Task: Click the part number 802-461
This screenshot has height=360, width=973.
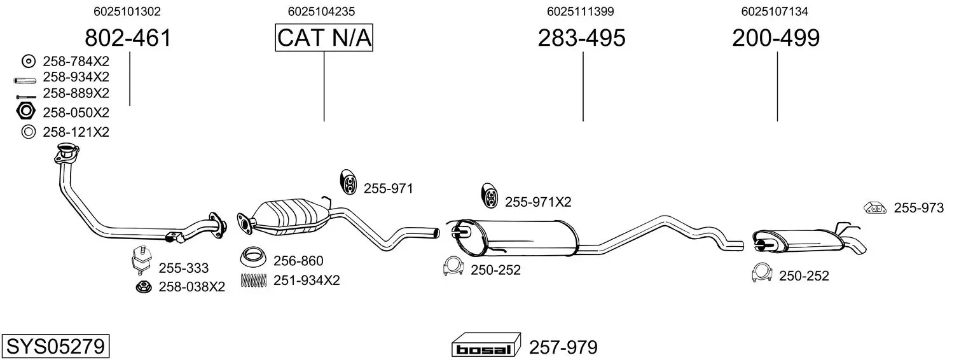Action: tap(128, 38)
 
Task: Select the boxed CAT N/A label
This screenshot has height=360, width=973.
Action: tap(324, 38)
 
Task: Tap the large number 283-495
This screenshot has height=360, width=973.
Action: tap(582, 38)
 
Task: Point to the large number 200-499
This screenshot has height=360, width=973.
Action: tap(776, 38)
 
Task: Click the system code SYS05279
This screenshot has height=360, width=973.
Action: tap(55, 346)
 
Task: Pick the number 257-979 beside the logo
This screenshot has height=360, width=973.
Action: tap(563, 347)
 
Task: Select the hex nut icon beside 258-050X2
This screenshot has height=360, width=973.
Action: tap(25, 111)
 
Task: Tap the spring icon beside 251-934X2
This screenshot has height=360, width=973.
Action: tap(253, 280)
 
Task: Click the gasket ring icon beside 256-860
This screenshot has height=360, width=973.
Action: tap(253, 258)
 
